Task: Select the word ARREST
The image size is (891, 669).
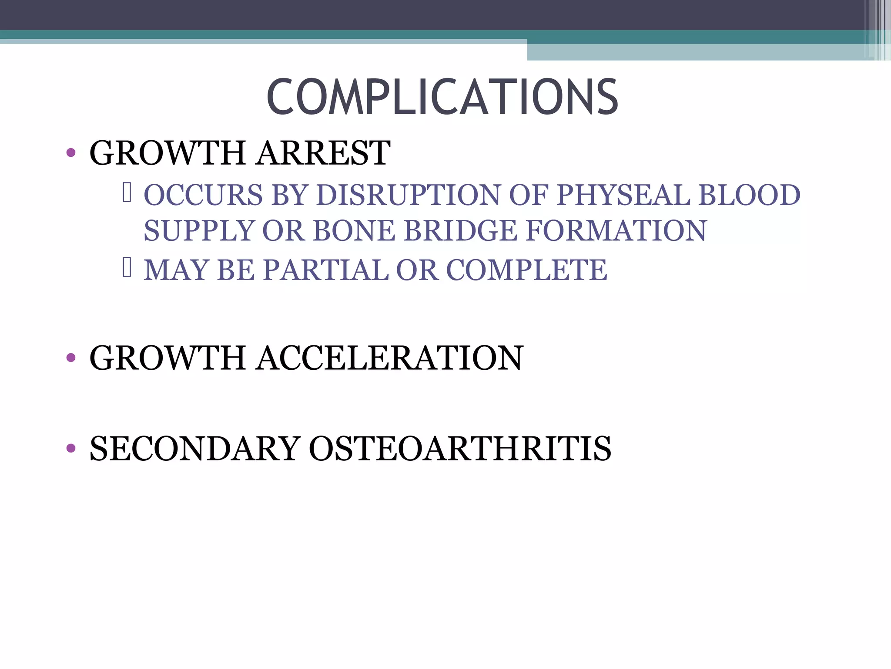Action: [323, 153]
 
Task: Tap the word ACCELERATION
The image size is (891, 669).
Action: [390, 358]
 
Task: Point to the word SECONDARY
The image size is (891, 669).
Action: [195, 449]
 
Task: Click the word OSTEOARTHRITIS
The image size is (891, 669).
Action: [460, 449]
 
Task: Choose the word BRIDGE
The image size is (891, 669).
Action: [460, 230]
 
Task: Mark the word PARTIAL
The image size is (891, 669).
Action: [326, 270]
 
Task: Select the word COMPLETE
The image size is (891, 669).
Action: [526, 270]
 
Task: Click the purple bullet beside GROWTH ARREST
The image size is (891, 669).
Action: [71, 153]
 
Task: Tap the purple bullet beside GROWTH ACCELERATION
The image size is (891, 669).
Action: [71, 358]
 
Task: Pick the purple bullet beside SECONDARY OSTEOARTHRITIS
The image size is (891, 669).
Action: [71, 448]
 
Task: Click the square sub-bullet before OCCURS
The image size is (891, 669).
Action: [127, 193]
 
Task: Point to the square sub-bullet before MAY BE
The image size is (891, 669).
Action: [127, 268]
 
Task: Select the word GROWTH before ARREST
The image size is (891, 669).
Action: [167, 153]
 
